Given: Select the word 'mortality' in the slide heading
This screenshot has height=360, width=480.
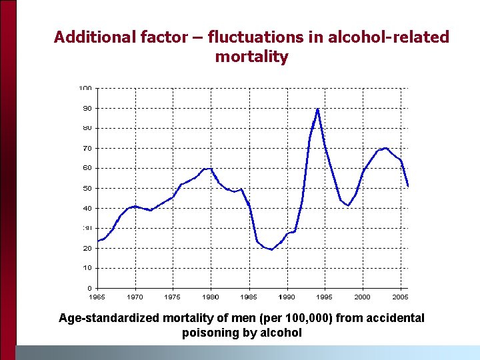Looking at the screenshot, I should tap(251, 57).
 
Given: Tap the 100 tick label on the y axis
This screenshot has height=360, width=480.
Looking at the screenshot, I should tap(85, 88).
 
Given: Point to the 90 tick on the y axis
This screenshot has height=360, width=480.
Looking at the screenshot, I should tap(87, 108).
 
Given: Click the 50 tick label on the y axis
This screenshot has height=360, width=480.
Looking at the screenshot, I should tap(87, 188).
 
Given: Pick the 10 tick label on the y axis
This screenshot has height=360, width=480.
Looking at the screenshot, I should tap(87, 268).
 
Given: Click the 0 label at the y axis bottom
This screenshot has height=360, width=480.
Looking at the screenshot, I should tap(89, 288).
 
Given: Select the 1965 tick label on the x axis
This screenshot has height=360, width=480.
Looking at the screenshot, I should tap(97, 297).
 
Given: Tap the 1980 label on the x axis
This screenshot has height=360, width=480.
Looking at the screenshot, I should tap(211, 297).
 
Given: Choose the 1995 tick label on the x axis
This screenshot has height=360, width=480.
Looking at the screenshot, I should tap(325, 297).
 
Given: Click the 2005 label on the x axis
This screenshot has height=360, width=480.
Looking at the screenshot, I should tap(400, 297).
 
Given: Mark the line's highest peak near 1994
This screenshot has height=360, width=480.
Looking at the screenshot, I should tap(318, 109).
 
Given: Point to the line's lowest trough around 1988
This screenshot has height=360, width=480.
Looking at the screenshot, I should tap(271, 249).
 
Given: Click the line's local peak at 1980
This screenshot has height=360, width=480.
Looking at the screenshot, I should tap(211, 169).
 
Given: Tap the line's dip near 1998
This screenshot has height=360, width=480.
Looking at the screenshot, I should tap(348, 205).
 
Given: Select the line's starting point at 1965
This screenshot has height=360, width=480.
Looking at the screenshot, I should tap(98, 241).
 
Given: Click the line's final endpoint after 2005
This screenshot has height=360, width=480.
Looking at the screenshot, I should tap(407, 186).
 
